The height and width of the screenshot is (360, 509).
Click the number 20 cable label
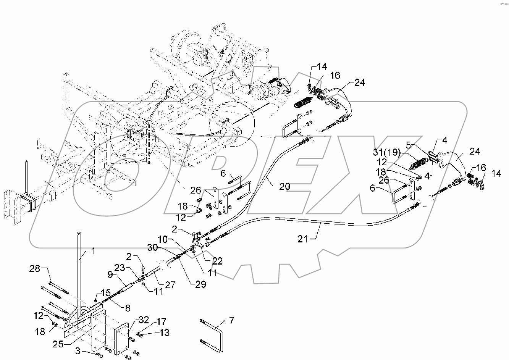click(284, 186)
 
